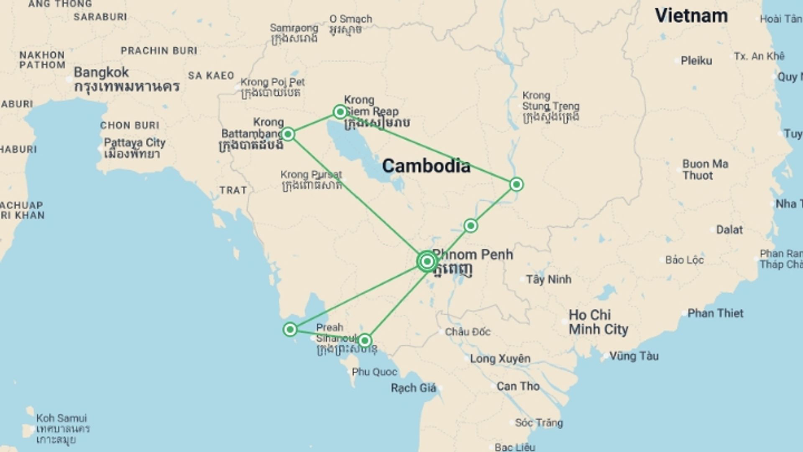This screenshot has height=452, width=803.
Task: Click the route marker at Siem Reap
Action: [x=340, y=112]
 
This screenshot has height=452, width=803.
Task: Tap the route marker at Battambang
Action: [x=288, y=134]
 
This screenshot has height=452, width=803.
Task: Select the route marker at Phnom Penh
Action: [x=427, y=262]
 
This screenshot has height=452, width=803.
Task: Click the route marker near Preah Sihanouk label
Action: [x=365, y=341]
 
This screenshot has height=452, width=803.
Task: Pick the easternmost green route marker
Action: [x=517, y=184]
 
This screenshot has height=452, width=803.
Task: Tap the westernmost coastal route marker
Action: [x=290, y=329]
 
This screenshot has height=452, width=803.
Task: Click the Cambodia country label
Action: [x=426, y=166]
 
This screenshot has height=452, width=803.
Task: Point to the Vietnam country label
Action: [x=691, y=16]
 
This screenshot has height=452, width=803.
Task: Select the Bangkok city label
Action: [x=101, y=72]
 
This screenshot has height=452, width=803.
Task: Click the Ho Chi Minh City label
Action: [x=598, y=322]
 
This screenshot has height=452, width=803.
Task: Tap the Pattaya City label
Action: [x=135, y=143]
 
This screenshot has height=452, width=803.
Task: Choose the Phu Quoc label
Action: [x=374, y=372]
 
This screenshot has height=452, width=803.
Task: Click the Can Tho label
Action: [x=518, y=386]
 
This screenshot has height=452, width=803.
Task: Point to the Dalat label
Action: [x=729, y=229]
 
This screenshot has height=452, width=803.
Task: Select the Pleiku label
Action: [x=696, y=61]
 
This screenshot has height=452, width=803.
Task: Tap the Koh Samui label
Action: [x=61, y=418]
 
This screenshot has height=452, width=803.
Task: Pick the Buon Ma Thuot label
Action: [x=705, y=169]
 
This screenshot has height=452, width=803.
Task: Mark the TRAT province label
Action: [x=233, y=190]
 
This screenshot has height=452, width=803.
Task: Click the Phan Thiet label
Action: [x=715, y=313]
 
